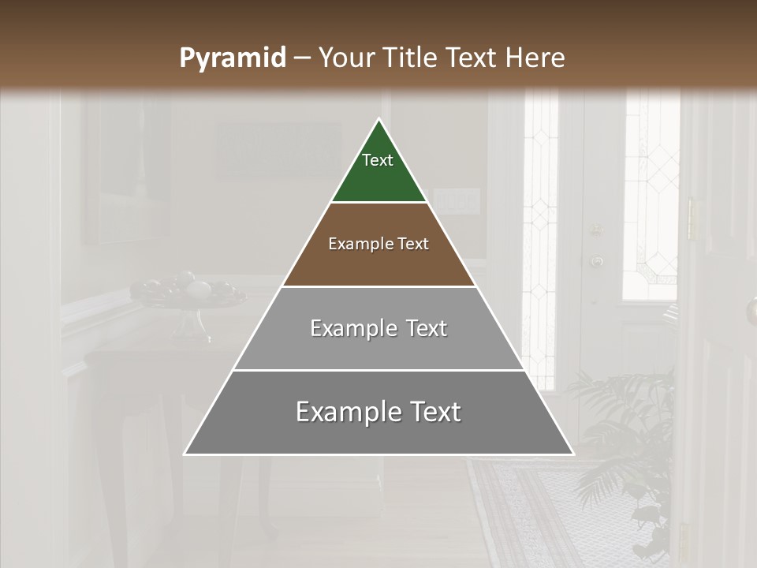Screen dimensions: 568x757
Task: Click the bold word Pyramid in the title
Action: tap(232, 58)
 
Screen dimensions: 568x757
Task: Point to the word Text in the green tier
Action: tap(378, 160)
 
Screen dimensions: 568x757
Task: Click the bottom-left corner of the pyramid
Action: tap(185, 454)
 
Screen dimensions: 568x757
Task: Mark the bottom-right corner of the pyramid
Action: tap(573, 454)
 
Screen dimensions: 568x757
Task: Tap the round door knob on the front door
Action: tap(597, 260)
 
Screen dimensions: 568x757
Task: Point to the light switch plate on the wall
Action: tap(457, 201)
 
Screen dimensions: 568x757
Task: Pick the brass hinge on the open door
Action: tap(692, 219)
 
